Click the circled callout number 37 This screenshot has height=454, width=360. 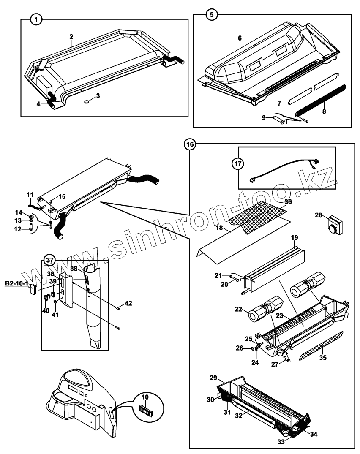pyautogui.click(x=50, y=260)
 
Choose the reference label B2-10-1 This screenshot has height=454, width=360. pyautogui.click(x=16, y=283)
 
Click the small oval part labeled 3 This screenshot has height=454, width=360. pyautogui.click(x=87, y=101)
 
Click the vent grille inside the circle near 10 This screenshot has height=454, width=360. pyautogui.click(x=145, y=410)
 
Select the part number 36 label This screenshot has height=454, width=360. pyautogui.click(x=287, y=201)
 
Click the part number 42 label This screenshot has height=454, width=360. pyautogui.click(x=128, y=303)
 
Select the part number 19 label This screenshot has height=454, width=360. pyautogui.click(x=294, y=238)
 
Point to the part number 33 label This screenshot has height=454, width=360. pyautogui.click(x=281, y=441)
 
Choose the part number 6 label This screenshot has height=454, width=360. pyautogui.click(x=240, y=38)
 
